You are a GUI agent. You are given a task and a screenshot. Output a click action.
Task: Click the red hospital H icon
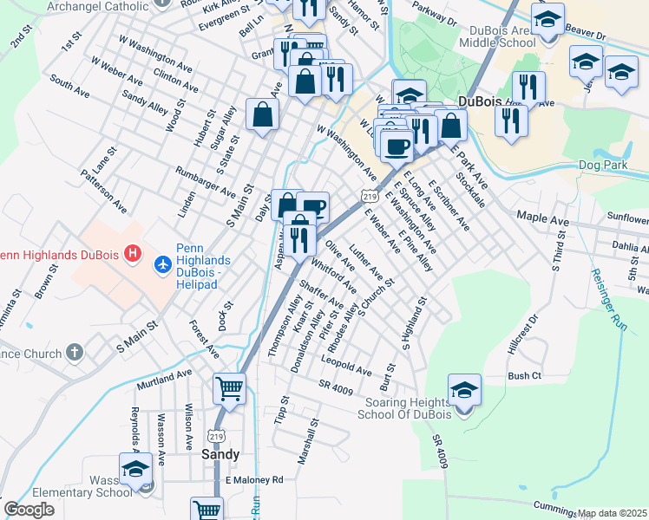pos(133,253)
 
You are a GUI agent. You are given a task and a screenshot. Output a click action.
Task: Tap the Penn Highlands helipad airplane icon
pos(162,262)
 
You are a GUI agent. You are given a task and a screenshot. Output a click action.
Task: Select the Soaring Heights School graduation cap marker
pos(464,392)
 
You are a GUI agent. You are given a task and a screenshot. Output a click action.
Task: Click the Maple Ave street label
pos(542,219)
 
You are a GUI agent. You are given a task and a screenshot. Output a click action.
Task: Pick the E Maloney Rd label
pos(254,479)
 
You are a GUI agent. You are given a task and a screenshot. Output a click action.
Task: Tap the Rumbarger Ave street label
pos(205,181)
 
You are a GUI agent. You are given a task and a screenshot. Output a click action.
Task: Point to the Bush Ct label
pos(524,376)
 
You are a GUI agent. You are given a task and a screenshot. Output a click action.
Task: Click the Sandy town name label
pos(220,453)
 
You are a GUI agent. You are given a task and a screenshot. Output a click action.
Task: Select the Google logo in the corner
pos(29,510)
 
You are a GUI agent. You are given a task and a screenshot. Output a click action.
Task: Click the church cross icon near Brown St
pos(75,353)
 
